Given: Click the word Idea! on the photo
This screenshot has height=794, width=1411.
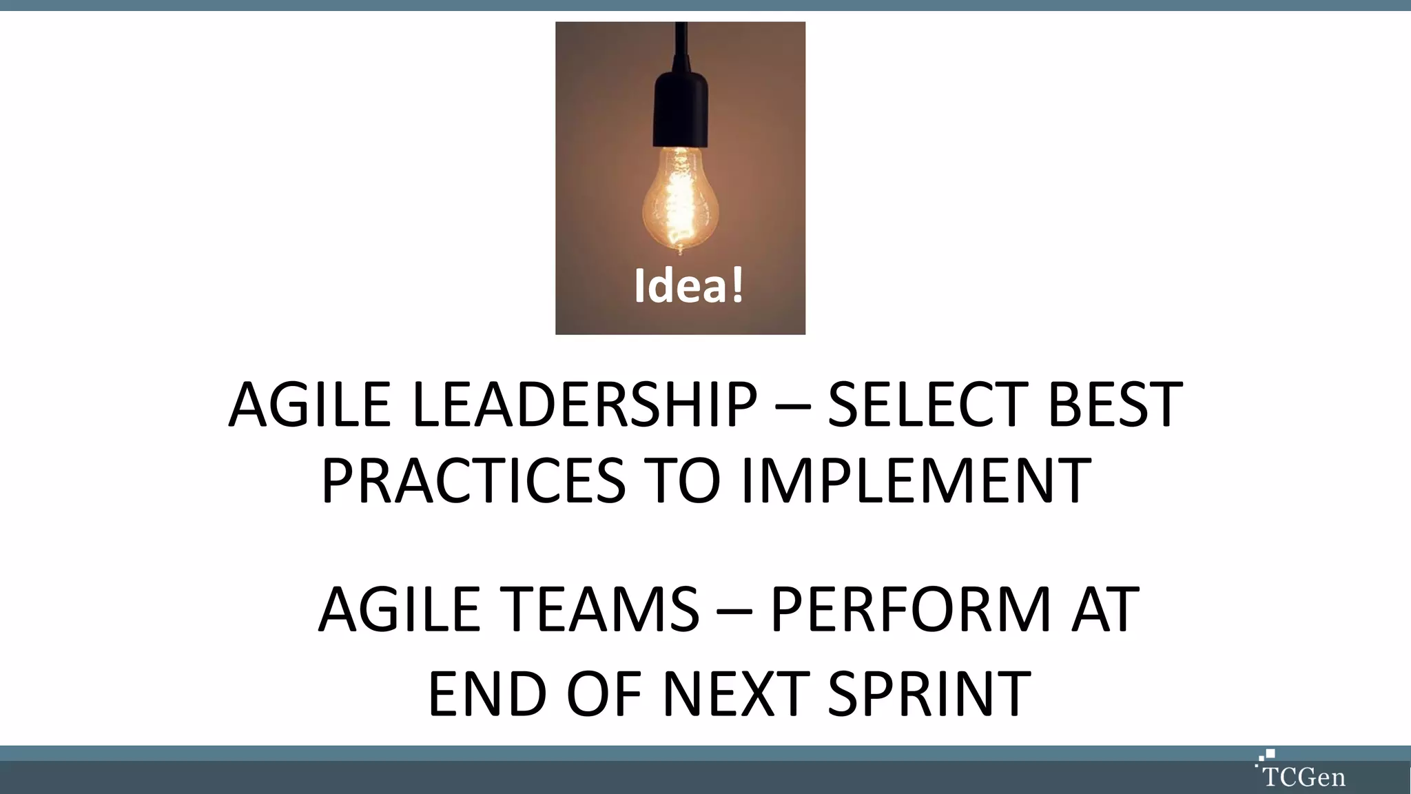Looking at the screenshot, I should pos(688,286).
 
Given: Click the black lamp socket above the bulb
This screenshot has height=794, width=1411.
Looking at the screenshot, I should pos(681,110).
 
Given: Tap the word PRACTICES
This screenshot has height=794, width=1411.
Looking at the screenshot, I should pos(473,480).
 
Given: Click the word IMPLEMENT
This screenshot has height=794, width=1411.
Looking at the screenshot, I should pos(916,480).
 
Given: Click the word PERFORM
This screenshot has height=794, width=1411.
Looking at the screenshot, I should pos(910,609).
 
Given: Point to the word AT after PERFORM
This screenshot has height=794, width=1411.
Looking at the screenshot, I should pos(1104,609).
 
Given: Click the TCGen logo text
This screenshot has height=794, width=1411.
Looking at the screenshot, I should pos(1304,777).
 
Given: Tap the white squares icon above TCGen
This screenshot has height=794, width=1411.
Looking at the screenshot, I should pos(1266,757).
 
